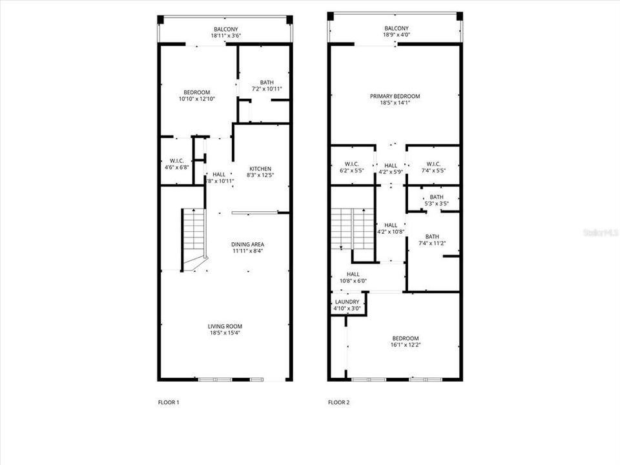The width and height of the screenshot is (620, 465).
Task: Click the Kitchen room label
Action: [x=261, y=169]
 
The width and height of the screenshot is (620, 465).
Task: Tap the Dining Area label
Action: [x=248, y=244]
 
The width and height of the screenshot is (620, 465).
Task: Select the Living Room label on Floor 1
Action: [x=225, y=327]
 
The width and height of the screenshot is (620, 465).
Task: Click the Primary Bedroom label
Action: [x=395, y=96]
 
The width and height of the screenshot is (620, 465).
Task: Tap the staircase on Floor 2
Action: [x=352, y=230]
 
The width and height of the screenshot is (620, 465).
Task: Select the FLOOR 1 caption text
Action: [x=169, y=402]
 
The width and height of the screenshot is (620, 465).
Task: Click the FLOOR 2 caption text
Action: [x=338, y=402]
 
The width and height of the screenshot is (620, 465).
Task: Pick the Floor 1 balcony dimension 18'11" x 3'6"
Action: [x=226, y=36]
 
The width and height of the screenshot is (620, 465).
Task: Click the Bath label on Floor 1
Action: [x=267, y=82]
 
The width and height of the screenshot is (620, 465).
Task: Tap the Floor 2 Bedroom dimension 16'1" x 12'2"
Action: [x=406, y=345]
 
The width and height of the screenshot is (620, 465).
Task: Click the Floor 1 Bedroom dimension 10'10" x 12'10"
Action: [x=195, y=99]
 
